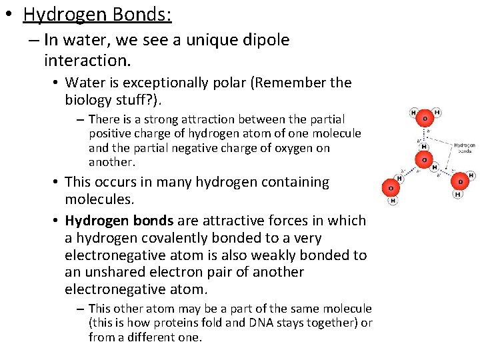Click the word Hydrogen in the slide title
click(58, 14)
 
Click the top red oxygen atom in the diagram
click(424, 119)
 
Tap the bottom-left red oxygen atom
click(391, 189)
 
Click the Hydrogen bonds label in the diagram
click(464, 147)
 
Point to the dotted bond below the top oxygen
click(424, 137)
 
